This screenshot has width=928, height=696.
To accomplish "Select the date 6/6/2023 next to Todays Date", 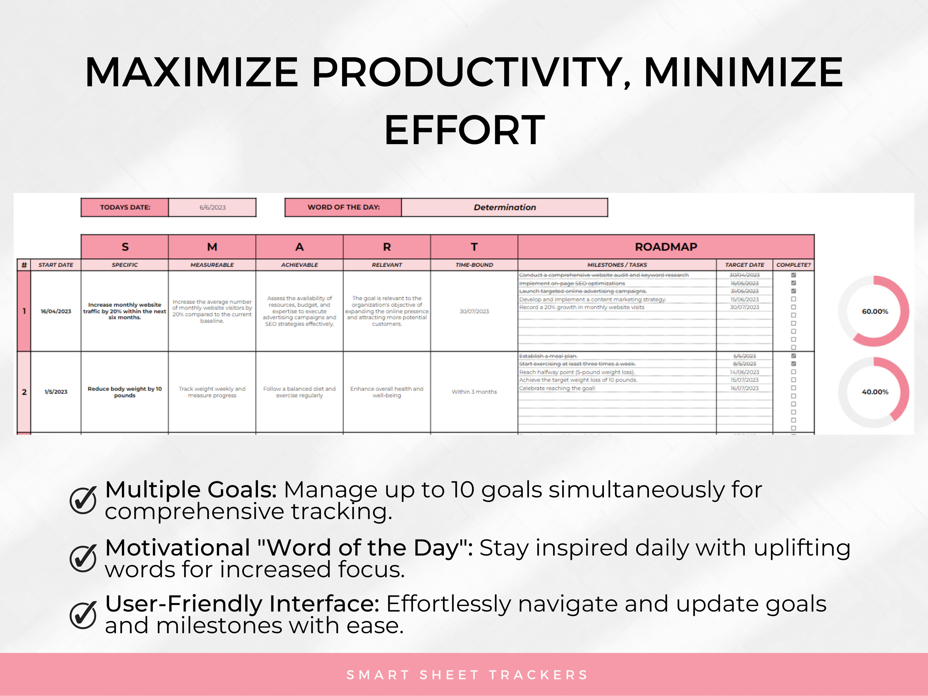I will (x=212, y=207).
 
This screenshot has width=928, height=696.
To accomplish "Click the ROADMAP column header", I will (x=665, y=247).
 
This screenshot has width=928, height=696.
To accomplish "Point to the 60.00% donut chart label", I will (x=875, y=311).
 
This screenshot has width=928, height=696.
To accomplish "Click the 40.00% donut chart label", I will (x=875, y=392).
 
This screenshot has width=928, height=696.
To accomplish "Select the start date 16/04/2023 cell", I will (x=56, y=311).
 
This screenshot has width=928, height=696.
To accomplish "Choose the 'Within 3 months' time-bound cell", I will (x=474, y=392).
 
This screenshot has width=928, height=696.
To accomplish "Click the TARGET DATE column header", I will (x=744, y=265).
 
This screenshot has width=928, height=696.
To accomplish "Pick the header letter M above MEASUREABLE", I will (x=212, y=247).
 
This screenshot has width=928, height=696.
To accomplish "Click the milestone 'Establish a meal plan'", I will (x=548, y=356).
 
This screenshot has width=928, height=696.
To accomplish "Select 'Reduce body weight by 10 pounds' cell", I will (x=125, y=392).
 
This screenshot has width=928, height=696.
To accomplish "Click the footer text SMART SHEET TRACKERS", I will (x=466, y=675).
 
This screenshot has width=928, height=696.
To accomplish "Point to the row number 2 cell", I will (x=24, y=392).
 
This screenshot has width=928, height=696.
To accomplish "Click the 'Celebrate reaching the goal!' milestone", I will (x=557, y=388).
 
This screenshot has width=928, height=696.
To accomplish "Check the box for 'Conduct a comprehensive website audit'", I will (x=793, y=275).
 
